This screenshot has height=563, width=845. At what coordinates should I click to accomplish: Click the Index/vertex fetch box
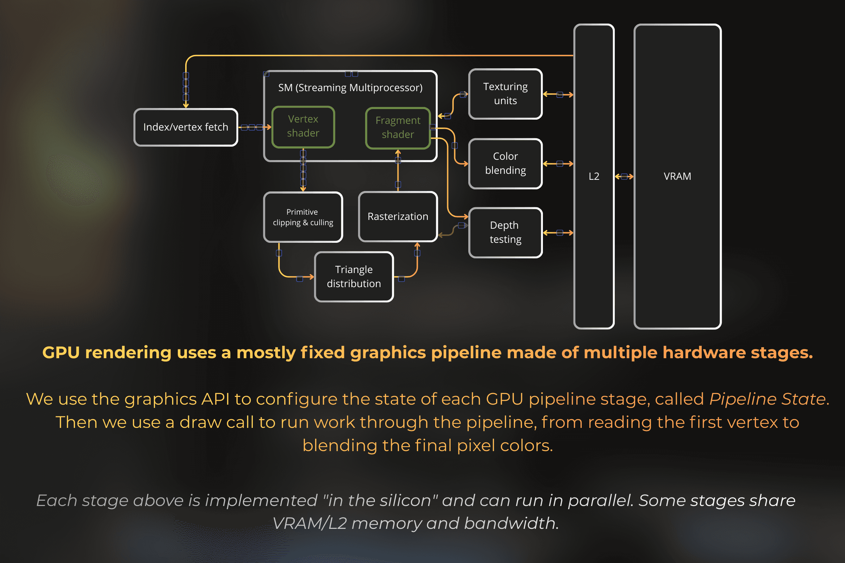click(186, 127)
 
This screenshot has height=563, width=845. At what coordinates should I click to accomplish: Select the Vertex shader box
click(303, 126)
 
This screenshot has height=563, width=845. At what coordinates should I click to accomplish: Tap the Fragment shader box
click(398, 128)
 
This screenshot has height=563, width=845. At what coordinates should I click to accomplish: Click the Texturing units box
click(505, 94)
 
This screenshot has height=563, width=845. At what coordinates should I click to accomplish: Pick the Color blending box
click(505, 163)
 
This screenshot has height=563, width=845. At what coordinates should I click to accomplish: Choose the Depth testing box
click(505, 232)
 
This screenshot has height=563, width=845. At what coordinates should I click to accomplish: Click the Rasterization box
click(398, 216)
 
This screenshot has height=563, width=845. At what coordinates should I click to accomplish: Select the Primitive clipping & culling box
click(303, 217)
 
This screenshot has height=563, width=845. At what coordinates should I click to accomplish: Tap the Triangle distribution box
click(354, 277)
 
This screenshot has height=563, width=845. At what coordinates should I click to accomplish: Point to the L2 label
click(594, 176)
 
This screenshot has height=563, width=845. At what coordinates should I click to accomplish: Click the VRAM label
click(677, 176)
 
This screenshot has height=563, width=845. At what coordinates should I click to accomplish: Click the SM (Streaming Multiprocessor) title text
click(350, 88)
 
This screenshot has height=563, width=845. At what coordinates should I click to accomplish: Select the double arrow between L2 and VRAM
click(624, 176)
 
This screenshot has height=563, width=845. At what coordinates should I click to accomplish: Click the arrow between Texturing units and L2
click(558, 95)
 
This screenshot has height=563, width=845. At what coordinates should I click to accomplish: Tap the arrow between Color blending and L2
click(558, 164)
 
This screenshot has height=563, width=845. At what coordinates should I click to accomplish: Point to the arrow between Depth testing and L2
click(558, 233)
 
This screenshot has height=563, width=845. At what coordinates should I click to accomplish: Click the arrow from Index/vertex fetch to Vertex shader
click(254, 127)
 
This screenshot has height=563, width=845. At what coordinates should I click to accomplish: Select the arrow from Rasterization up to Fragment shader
click(398, 171)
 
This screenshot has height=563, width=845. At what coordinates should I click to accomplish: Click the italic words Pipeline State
click(768, 399)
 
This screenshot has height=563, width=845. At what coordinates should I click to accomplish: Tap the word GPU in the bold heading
click(61, 353)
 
